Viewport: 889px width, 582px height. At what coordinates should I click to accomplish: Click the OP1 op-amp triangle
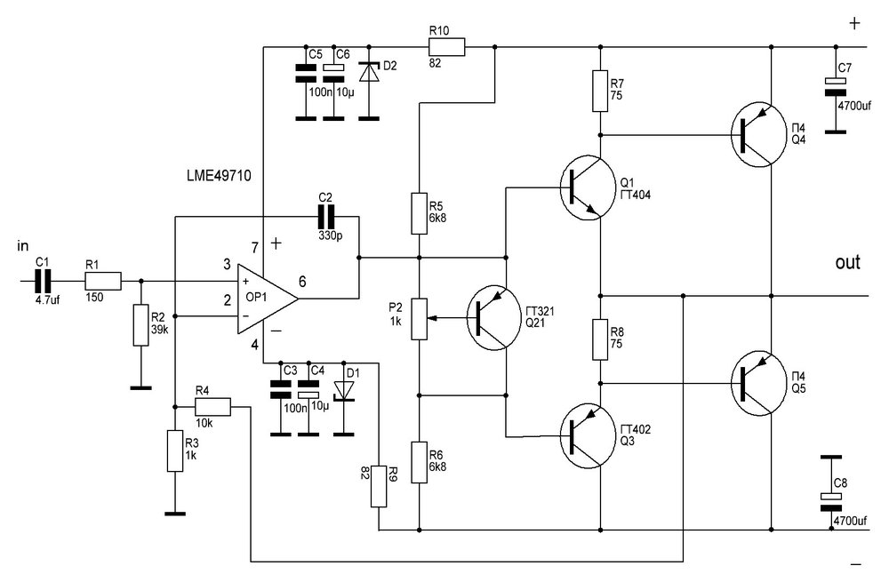point(265,298)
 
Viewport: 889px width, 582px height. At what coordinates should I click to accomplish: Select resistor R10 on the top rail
point(445,47)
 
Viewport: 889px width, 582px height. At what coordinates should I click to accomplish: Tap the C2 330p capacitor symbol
point(325,217)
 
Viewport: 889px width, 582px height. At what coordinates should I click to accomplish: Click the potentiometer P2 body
point(419,319)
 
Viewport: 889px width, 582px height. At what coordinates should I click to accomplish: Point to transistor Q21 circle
point(493,318)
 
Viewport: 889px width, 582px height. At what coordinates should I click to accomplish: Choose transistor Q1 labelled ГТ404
point(588,187)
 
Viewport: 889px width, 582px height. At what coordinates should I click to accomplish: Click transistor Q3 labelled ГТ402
point(588,435)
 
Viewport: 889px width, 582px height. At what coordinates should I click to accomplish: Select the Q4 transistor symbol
point(757,134)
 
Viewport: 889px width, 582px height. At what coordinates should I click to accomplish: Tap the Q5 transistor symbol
point(757,383)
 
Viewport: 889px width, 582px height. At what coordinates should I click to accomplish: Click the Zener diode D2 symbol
point(370,72)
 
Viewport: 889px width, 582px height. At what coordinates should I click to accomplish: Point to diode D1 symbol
point(343,390)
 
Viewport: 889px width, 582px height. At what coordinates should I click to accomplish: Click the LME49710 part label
point(219,176)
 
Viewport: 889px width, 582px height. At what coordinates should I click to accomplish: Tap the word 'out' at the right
point(847,262)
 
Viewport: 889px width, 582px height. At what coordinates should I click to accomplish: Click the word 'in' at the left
point(23,246)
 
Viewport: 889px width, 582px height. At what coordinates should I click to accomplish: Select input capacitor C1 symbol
point(43,281)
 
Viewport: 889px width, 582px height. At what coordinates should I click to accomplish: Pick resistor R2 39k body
point(141,325)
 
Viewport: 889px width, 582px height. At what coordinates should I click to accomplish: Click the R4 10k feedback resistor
point(212,407)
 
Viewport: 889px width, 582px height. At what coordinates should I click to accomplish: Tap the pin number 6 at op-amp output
point(302,282)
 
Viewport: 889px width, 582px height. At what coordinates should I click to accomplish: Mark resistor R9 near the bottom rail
point(379,486)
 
